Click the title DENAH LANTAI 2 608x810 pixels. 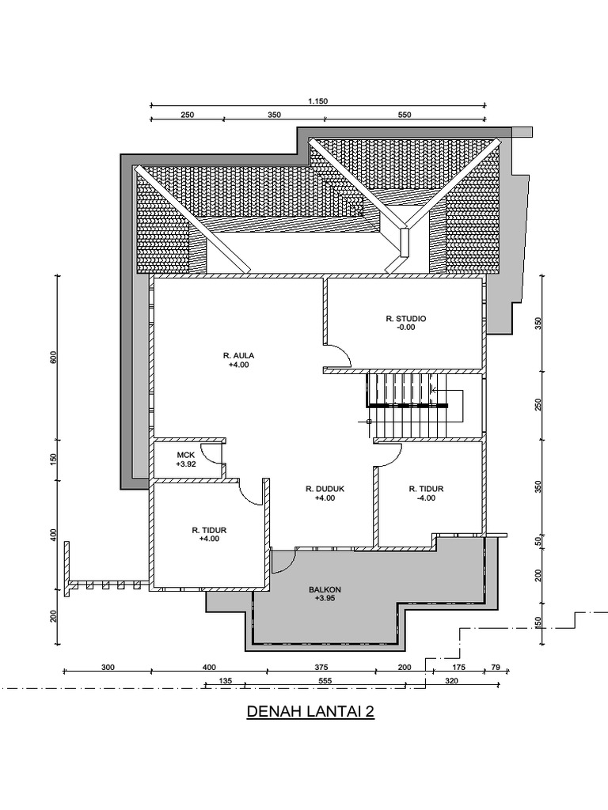click(310, 712)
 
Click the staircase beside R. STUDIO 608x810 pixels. click(408, 405)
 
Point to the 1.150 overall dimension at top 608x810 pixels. click(317, 100)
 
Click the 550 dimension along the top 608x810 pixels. click(405, 115)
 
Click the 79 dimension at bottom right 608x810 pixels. click(497, 667)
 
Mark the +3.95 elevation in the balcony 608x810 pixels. click(325, 599)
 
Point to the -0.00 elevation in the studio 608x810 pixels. click(406, 327)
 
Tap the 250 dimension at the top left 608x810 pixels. click(187, 115)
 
